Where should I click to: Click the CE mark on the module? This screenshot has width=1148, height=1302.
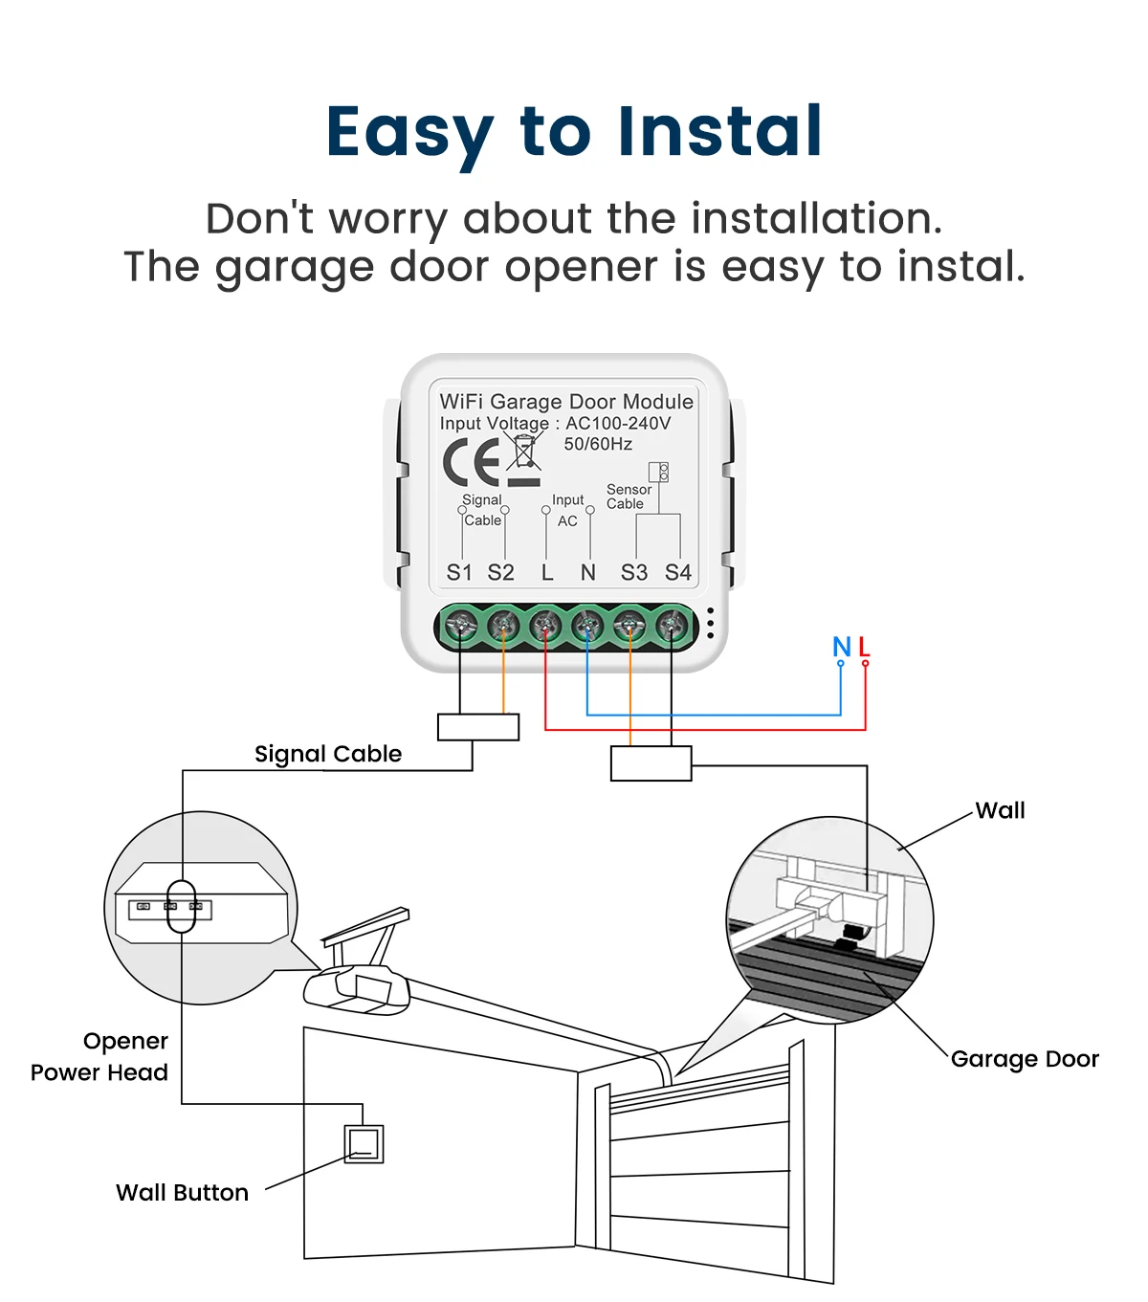click(x=472, y=462)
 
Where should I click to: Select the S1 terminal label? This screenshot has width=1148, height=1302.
click(x=459, y=572)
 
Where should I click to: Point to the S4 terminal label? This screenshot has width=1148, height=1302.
click(x=677, y=572)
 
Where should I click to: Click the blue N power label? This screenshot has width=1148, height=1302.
click(x=842, y=648)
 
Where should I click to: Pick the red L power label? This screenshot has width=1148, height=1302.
click(x=864, y=648)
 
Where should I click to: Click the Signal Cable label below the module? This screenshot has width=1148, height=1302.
click(x=328, y=754)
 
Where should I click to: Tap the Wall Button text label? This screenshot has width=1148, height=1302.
click(x=182, y=1192)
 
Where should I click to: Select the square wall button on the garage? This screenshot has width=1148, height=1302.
click(x=364, y=1143)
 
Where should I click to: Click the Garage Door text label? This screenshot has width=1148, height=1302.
click(x=1025, y=1059)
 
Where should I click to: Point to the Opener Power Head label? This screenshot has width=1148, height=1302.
click(x=99, y=1056)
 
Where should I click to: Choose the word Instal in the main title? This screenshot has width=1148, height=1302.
click(x=719, y=131)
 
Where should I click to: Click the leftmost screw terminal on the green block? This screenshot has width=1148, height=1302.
click(x=461, y=627)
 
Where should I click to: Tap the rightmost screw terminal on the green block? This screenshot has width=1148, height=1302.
click(x=672, y=627)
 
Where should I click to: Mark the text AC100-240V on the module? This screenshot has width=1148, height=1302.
click(x=618, y=423)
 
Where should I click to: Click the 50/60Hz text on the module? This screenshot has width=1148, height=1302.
click(x=598, y=444)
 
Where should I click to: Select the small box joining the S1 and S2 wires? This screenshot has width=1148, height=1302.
click(x=478, y=727)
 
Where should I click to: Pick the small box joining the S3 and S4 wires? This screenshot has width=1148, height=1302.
click(x=651, y=763)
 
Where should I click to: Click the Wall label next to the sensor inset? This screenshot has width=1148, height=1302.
click(x=1000, y=810)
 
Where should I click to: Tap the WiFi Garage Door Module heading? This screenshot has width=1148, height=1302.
click(x=566, y=402)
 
